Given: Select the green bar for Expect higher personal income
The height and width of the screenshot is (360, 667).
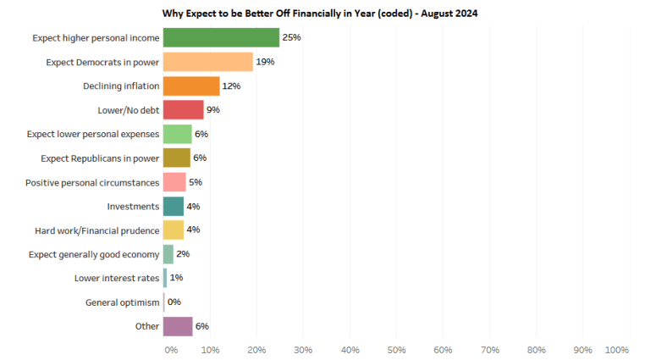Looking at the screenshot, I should pyautogui.click(x=221, y=38).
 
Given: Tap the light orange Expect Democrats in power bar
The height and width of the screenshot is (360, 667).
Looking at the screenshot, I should pyautogui.click(x=207, y=62).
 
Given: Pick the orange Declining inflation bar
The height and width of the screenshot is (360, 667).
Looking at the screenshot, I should pyautogui.click(x=191, y=86).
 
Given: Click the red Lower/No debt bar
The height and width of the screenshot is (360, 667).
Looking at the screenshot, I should pyautogui.click(x=183, y=110).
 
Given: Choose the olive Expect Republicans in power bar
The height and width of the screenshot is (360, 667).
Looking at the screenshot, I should pyautogui.click(x=176, y=158).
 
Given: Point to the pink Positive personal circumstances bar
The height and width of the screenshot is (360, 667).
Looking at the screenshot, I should pyautogui.click(x=174, y=182).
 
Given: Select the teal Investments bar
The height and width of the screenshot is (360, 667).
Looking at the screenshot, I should pyautogui.click(x=173, y=206).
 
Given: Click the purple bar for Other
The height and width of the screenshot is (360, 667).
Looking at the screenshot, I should pyautogui.click(x=177, y=326).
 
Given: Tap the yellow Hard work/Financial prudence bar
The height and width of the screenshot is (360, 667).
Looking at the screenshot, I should pyautogui.click(x=173, y=230).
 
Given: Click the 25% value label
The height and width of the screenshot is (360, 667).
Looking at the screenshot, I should pyautogui.click(x=292, y=38).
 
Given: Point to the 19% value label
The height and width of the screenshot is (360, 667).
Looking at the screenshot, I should pyautogui.click(x=266, y=62).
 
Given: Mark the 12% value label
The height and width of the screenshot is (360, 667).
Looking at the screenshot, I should pyautogui.click(x=231, y=86).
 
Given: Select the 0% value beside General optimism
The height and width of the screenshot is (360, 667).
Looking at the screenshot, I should pyautogui.click(x=174, y=302).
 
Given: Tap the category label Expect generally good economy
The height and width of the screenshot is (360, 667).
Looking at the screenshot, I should pyautogui.click(x=93, y=254).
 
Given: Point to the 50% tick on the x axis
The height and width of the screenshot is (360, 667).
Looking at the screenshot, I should pyautogui.click(x=396, y=349).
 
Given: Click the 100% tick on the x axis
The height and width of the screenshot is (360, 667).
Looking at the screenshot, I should pyautogui.click(x=617, y=349).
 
